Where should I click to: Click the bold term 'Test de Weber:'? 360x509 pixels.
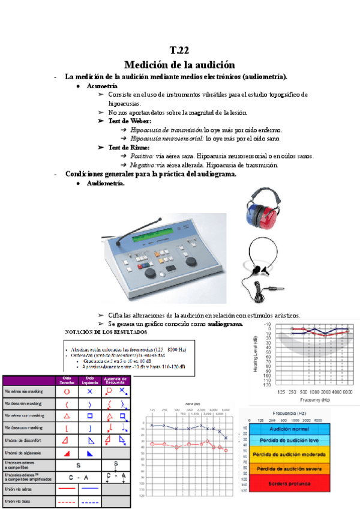click(x=130, y=121)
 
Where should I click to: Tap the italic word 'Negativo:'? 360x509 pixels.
click(x=143, y=164)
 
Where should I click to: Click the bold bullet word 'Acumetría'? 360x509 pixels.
click(x=103, y=86)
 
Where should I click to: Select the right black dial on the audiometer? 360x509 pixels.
click(x=189, y=262)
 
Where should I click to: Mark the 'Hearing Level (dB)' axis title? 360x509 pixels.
click(x=257, y=354)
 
